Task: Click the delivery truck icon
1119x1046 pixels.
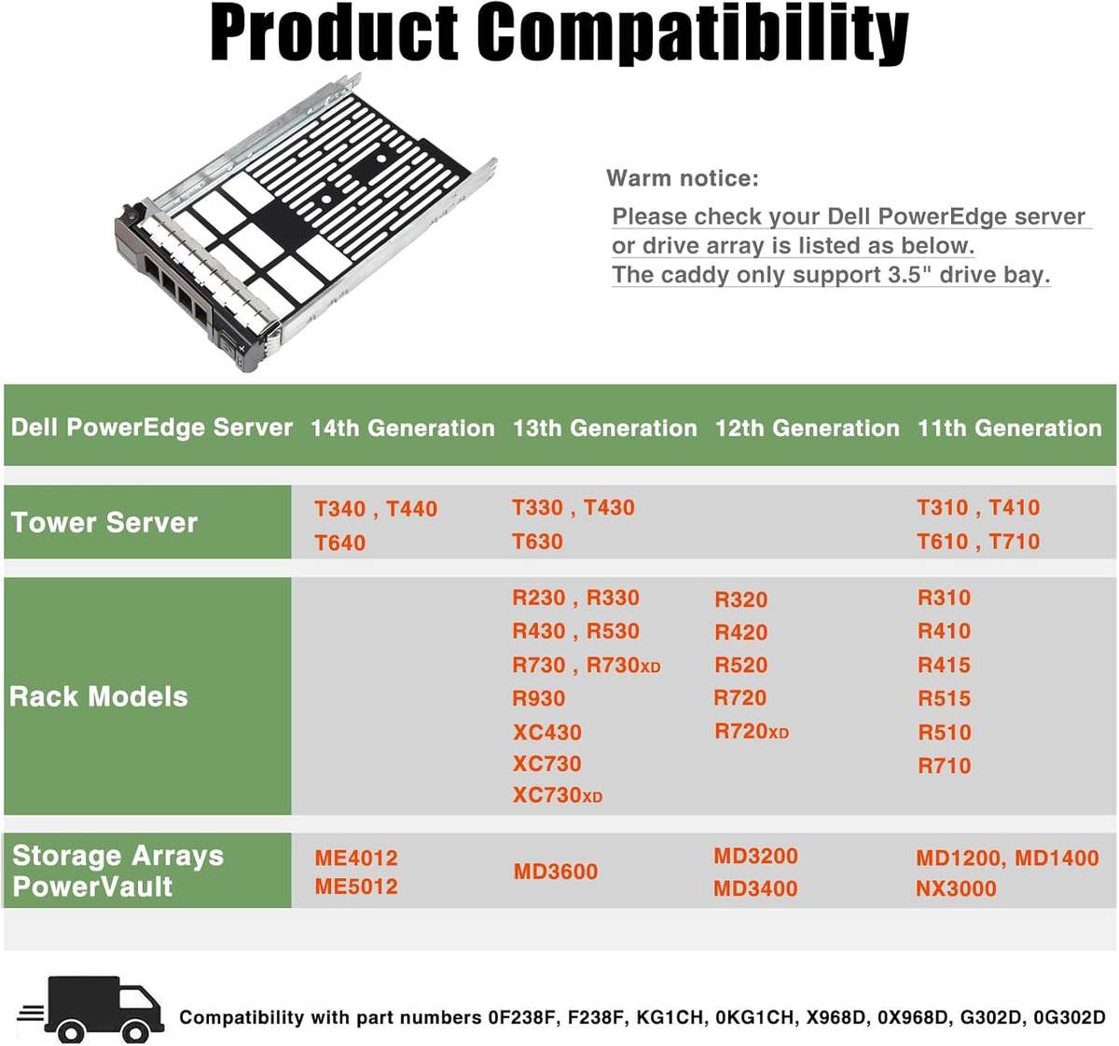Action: click(91, 1009)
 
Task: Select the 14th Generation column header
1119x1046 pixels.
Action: click(402, 428)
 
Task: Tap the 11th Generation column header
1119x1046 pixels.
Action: click(1009, 428)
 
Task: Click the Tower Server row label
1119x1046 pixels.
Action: click(104, 522)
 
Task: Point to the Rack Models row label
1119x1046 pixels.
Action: click(99, 696)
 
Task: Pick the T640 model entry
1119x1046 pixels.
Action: click(340, 543)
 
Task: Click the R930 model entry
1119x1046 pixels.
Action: click(539, 698)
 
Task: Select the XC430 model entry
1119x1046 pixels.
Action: click(547, 732)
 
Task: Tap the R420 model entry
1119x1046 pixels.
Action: click(741, 632)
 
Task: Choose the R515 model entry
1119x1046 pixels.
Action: click(945, 698)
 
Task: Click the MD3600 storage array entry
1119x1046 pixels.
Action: click(556, 872)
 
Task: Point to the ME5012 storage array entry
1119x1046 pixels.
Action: click(356, 887)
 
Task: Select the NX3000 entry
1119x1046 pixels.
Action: click(956, 888)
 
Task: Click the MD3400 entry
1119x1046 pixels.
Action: click(755, 888)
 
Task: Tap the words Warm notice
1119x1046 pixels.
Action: click(683, 178)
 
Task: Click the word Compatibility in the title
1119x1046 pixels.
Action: click(693, 34)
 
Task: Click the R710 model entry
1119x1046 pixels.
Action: click(945, 765)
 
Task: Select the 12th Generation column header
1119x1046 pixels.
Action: click(807, 428)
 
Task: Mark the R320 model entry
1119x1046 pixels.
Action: click(741, 599)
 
